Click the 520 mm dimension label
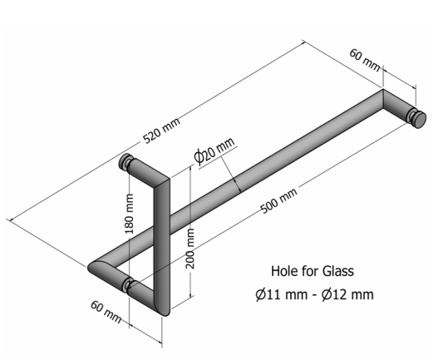pos(162,130)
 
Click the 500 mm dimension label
pos(279,200)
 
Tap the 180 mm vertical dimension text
pos(130,214)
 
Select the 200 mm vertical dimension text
pos(190,249)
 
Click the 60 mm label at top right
pos(365,61)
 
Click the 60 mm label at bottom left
pos(106,312)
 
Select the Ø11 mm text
pos(282,294)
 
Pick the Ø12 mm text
pos(347,294)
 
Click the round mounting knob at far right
pos(417,117)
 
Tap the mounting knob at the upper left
pos(126,162)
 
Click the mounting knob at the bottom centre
pos(127,285)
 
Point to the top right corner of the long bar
pos(383,90)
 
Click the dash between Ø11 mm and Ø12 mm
pos(314,295)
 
